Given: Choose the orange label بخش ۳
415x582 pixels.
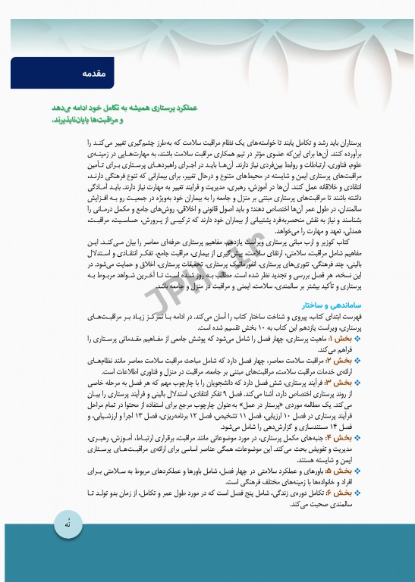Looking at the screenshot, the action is pyautogui.click(x=338, y=383).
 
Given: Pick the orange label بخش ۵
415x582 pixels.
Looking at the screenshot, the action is pyautogui.click(x=338, y=470).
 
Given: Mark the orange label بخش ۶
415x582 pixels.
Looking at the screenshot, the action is pyautogui.click(x=338, y=491).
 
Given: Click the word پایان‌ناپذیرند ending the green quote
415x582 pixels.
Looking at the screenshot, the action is pyautogui.click(x=77, y=120).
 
